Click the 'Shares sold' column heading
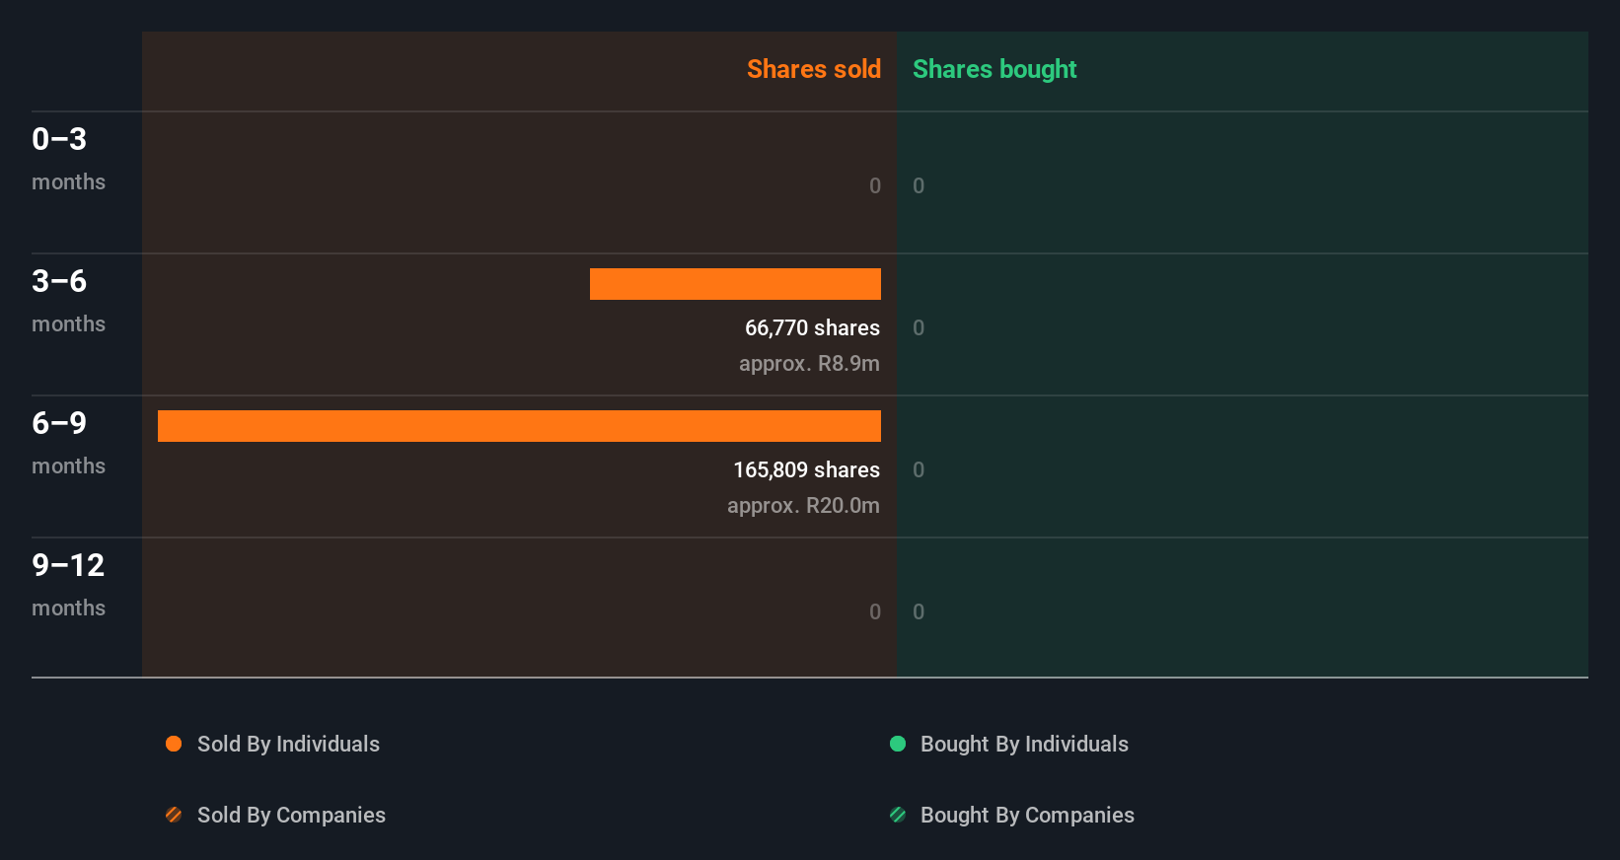813,69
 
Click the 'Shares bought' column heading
994,69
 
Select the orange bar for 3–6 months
735,284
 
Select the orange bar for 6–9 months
519,426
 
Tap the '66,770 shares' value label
812,327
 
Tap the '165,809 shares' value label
806,469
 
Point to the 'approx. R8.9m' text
809,363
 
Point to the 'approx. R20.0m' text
803,505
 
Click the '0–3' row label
59,139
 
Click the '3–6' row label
59,281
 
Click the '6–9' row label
59,423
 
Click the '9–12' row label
68,565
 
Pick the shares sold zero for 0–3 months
874,185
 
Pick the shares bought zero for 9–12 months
919,611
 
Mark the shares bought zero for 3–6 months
919,327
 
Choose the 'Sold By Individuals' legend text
288,744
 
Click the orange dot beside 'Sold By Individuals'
174,744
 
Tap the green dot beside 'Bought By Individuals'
898,744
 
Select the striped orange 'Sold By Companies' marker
174,815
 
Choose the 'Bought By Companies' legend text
1027,815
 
